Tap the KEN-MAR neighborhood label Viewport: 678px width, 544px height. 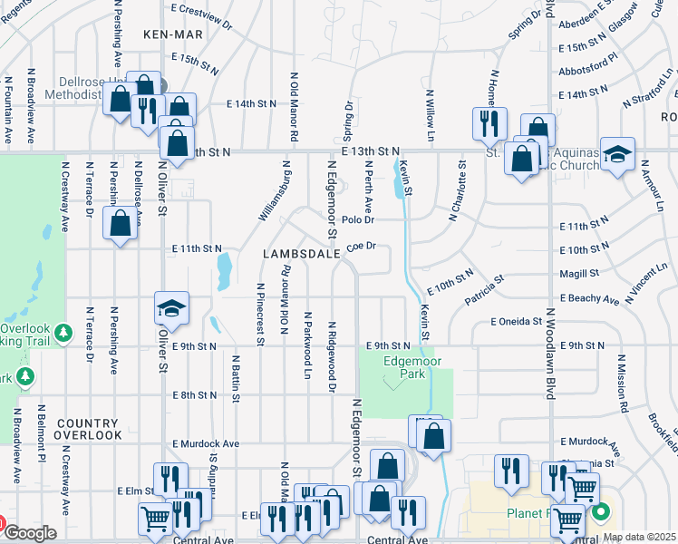pyautogui.click(x=170, y=34)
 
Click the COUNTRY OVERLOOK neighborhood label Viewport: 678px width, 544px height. pyautogui.click(x=87, y=429)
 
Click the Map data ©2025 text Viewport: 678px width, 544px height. pyautogui.click(x=639, y=537)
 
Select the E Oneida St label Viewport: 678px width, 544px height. pyautogui.click(x=516, y=321)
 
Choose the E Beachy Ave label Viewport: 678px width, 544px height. pyautogui.click(x=589, y=298)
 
